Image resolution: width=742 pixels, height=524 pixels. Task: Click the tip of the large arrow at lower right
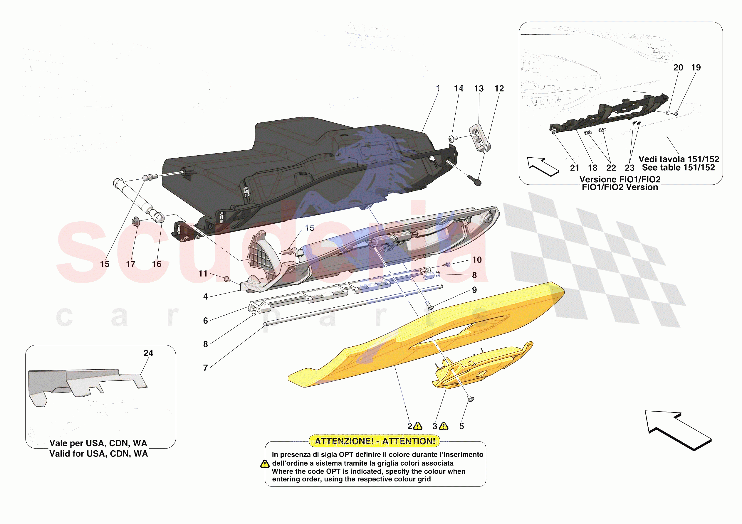tap(645, 411)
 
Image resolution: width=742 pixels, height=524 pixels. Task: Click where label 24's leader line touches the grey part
tap(141, 374)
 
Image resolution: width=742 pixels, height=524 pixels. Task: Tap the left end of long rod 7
tap(264, 324)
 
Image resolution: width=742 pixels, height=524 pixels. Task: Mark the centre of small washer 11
tap(227, 279)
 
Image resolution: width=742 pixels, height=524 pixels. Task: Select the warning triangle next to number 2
tap(417, 427)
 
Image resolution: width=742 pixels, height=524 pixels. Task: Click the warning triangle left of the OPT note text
tap(265, 464)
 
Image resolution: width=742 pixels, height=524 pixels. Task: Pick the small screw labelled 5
tap(471, 399)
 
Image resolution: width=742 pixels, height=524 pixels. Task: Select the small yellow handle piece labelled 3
tap(482, 366)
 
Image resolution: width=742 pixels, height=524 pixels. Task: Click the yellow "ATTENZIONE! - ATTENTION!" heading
tap(375, 441)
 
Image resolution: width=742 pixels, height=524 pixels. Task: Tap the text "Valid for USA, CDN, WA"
tap(99, 454)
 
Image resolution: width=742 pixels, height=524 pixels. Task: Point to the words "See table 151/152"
tap(678, 168)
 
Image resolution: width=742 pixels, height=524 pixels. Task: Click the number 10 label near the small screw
tap(477, 260)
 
